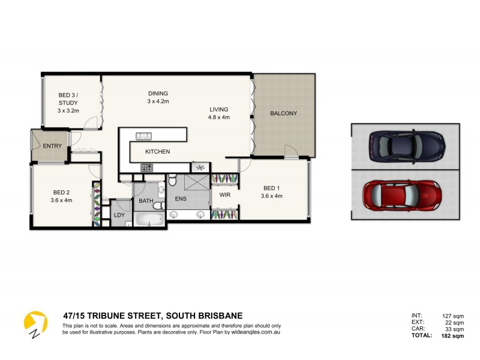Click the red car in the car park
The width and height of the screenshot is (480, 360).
click(403, 194)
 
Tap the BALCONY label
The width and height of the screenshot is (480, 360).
click(283, 113)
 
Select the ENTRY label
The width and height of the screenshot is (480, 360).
click(52, 146)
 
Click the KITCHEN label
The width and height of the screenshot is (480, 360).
click(157, 152)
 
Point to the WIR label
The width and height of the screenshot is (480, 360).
click(225, 195)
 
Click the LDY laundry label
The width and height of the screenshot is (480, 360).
click(119, 214)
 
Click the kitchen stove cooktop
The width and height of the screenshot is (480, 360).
click(147, 167)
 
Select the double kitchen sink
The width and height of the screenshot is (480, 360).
click(144, 135)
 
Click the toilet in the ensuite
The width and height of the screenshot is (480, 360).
click(172, 179)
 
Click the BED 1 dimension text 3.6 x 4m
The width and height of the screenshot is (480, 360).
click(271, 196)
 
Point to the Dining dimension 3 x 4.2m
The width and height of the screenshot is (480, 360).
click(158, 101)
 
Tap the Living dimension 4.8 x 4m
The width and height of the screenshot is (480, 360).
click(219, 118)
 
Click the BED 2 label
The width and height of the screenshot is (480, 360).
click(61, 192)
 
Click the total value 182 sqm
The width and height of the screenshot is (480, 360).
click(452, 336)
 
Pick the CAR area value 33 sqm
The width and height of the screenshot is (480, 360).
click(454, 329)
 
